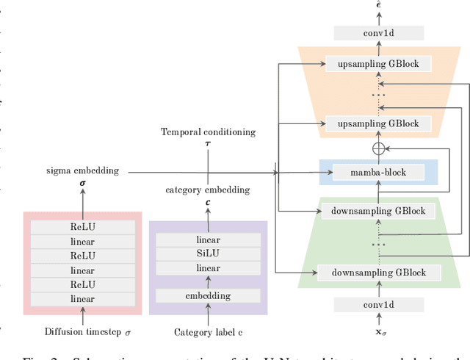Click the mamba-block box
[378, 173]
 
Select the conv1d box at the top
[378, 33]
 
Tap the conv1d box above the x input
[378, 303]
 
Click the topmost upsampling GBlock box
[378, 64]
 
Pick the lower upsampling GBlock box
[378, 123]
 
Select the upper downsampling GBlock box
[378, 210]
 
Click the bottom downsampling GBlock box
[378, 273]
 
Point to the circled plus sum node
[378, 147]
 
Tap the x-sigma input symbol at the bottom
[378, 331]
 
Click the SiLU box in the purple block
[208, 254]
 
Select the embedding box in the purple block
[208, 295]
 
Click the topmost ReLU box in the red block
[82, 227]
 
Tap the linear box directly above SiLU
[208, 240]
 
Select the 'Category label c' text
[208, 332]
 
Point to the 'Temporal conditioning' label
[208, 132]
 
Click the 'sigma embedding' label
[82, 170]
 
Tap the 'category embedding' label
[208, 190]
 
